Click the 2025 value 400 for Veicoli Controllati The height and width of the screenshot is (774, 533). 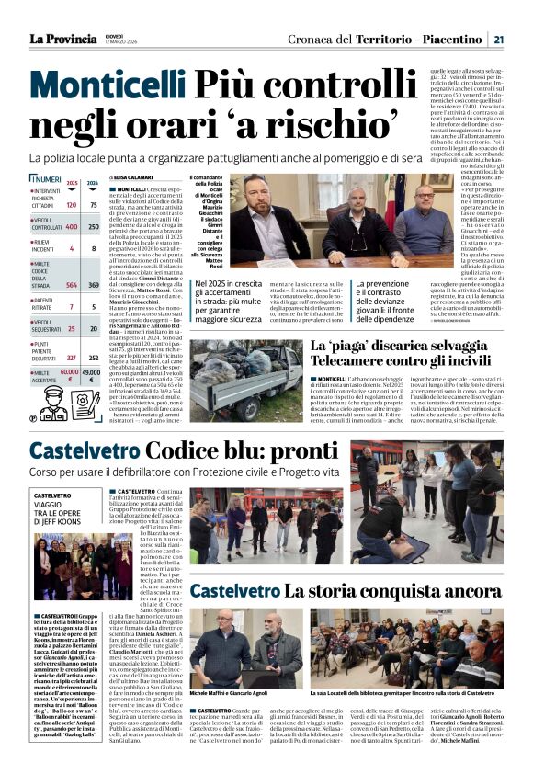click(72, 226)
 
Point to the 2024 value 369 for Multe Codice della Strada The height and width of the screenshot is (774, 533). click(93, 286)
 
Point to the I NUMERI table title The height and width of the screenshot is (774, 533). click(46, 179)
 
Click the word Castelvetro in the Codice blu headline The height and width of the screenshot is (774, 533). click(85, 451)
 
